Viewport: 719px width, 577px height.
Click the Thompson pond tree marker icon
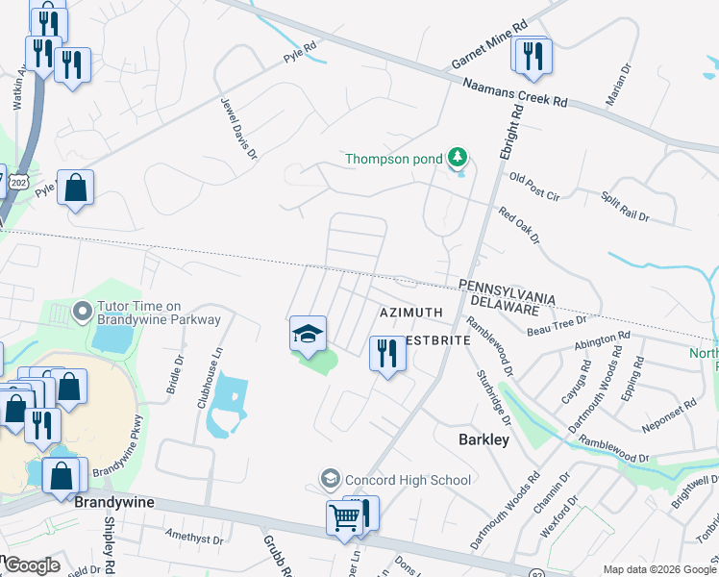coord(459,157)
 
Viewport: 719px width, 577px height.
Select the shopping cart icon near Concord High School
coord(345,517)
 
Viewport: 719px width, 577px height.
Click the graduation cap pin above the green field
coord(309,335)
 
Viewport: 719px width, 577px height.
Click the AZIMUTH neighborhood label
coord(410,313)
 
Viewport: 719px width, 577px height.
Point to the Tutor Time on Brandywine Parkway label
coord(158,313)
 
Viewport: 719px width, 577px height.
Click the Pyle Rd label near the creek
coord(299,52)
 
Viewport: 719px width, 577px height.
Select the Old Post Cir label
coord(534,187)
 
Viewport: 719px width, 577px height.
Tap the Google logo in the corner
coord(31,565)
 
